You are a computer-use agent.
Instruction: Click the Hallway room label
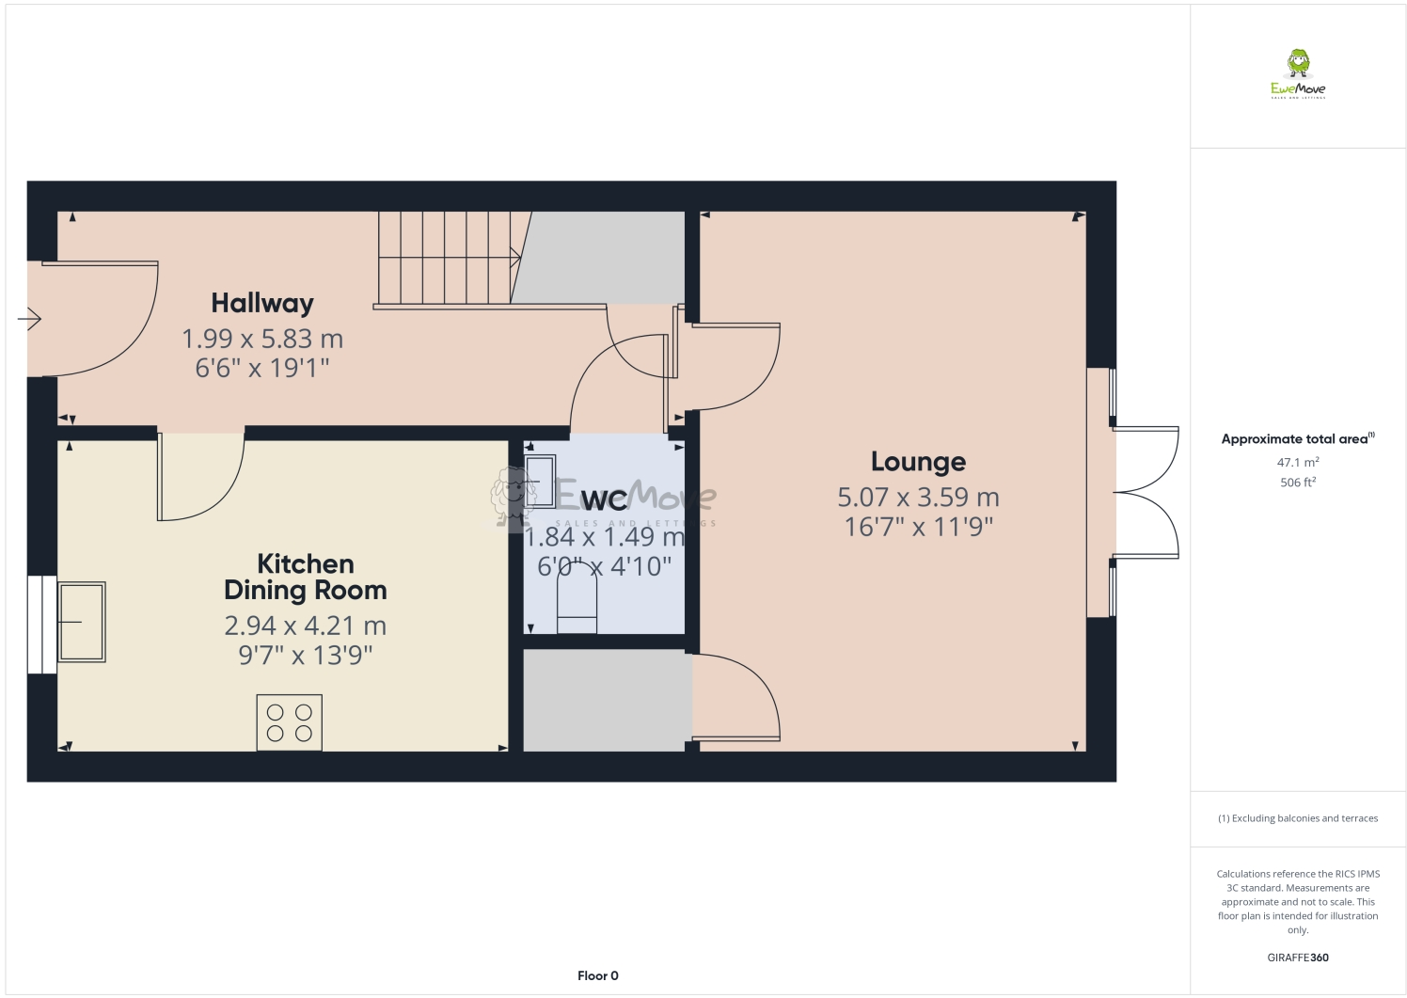point(261,303)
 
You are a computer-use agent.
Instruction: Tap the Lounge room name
point(918,462)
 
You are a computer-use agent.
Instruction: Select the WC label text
point(604,500)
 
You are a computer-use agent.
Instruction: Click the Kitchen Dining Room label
point(306,577)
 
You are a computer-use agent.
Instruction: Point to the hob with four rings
point(290,722)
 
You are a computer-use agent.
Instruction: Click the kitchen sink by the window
point(83,621)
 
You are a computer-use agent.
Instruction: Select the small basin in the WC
point(540,481)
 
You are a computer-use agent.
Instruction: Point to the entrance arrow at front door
point(29,320)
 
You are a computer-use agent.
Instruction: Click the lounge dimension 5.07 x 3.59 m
point(918,497)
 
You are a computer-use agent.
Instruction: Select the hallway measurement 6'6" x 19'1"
point(262,368)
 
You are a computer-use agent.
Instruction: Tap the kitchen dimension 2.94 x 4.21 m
point(306,626)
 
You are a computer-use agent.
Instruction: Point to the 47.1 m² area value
point(1298,463)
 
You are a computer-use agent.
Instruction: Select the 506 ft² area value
point(1298,483)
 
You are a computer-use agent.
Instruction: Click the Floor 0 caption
point(598,975)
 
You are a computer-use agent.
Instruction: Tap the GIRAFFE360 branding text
point(1298,958)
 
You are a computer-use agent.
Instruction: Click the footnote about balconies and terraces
point(1298,818)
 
